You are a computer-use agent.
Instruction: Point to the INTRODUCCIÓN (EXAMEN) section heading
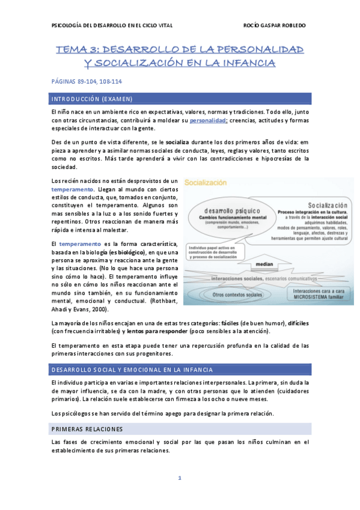tap(91, 98)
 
